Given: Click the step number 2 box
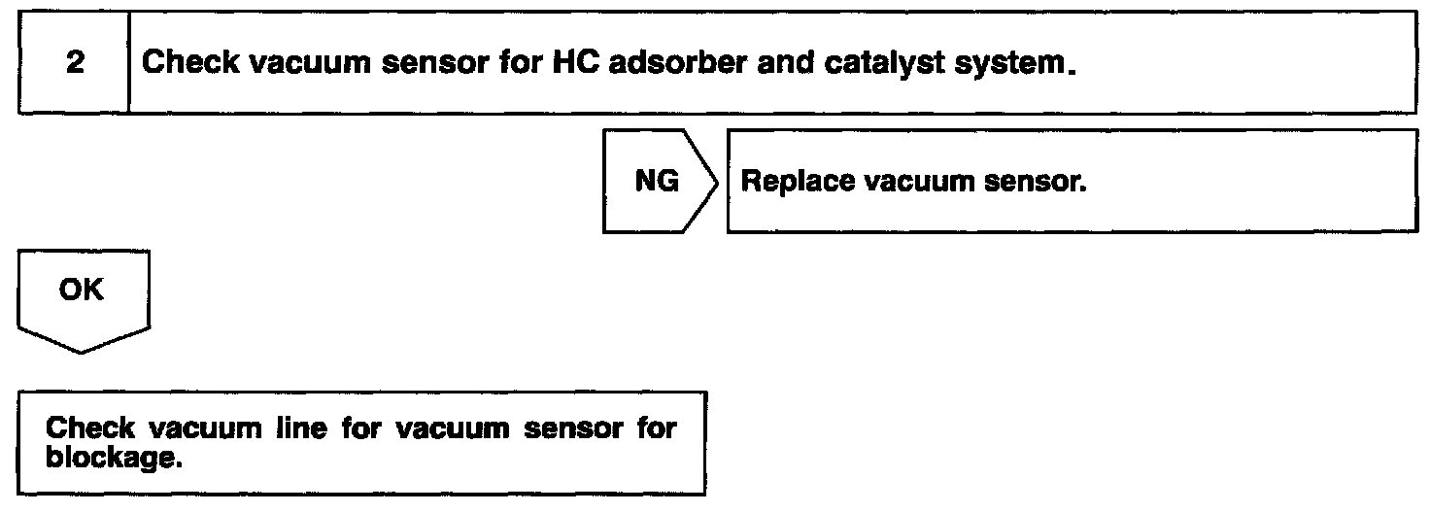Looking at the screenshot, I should [x=74, y=64].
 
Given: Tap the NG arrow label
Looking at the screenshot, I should [x=656, y=182].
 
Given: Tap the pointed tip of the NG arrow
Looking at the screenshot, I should [x=720, y=182].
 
